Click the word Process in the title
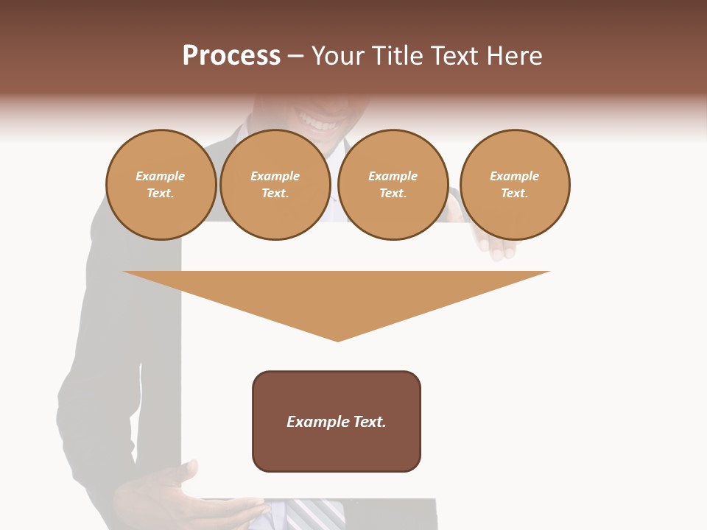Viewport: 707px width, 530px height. (x=231, y=56)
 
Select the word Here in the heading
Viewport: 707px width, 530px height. (x=514, y=56)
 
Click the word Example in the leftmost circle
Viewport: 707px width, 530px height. (x=161, y=176)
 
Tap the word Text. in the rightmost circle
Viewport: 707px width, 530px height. (x=515, y=193)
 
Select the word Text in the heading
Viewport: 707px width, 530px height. (x=456, y=56)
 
